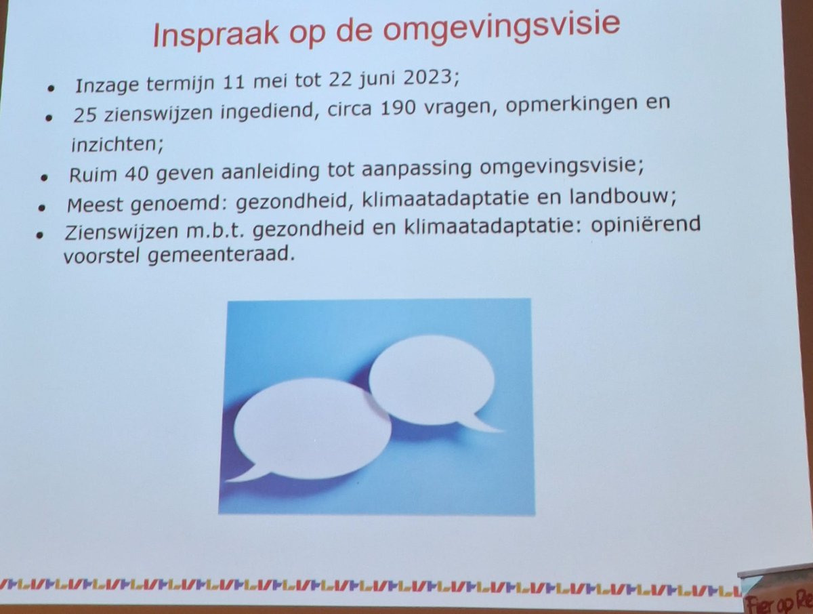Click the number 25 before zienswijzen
pyautogui.click(x=87, y=116)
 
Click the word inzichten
pyautogui.click(x=107, y=144)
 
